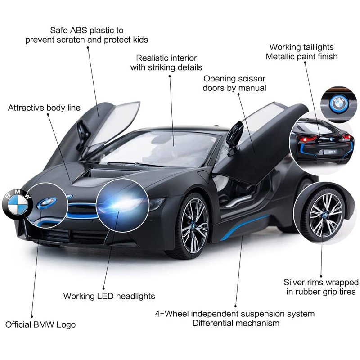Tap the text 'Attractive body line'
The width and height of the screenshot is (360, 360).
point(44,108)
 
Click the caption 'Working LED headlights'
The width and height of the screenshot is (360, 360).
point(109,296)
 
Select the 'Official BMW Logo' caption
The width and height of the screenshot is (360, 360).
point(40,324)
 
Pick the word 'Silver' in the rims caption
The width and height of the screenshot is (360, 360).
point(296,283)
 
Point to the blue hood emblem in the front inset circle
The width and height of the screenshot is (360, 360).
point(47,204)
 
